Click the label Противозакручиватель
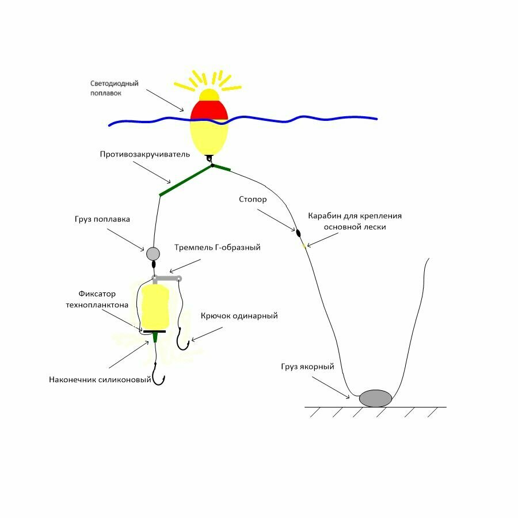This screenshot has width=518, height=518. coord(145,154)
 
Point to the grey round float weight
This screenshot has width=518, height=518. coord(153,253)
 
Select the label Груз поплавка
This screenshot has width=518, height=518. coord(102,219)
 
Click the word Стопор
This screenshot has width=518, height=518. coord(253,199)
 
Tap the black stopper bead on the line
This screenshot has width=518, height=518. coord(298,233)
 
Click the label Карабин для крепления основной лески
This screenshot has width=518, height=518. coord(355,222)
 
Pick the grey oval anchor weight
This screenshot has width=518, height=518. coord(375,398)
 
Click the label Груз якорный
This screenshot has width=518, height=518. coord(307,367)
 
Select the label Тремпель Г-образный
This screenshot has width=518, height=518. coord(218,247)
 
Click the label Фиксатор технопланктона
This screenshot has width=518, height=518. coord(97,299)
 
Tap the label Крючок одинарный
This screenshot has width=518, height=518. coord(239,315)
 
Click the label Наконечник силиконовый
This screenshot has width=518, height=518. coord(100,379)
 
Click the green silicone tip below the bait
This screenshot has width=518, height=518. coord(155,337)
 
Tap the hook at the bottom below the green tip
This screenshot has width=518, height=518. coord(159,379)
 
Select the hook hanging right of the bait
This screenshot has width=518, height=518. coord(184,340)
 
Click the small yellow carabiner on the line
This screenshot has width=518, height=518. coord(304,246)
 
